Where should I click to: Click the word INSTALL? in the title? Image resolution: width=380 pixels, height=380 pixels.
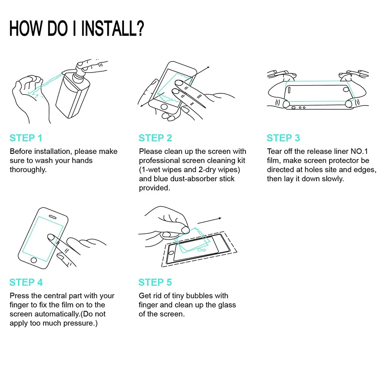click(x=112, y=28)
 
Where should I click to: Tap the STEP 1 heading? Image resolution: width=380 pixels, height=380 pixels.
click(x=26, y=138)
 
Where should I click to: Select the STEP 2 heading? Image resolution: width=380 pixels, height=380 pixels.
click(x=155, y=138)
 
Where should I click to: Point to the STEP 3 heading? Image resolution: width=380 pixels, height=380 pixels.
click(x=283, y=138)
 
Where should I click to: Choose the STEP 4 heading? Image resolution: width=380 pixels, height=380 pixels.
click(x=26, y=282)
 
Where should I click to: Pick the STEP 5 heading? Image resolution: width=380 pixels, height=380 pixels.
click(x=155, y=282)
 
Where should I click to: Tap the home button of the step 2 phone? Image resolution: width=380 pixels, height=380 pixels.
click(x=164, y=107)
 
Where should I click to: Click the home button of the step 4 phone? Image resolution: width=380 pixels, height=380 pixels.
click(x=34, y=260)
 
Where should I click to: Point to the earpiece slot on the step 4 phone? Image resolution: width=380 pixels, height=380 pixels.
click(x=52, y=217)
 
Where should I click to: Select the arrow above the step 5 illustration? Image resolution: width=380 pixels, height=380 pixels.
click(x=209, y=220)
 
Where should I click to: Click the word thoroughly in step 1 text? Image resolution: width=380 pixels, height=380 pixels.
click(x=28, y=170)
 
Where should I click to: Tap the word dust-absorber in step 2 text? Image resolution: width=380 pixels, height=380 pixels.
click(x=194, y=179)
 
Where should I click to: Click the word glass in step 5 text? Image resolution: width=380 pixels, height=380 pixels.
click(x=226, y=305)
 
